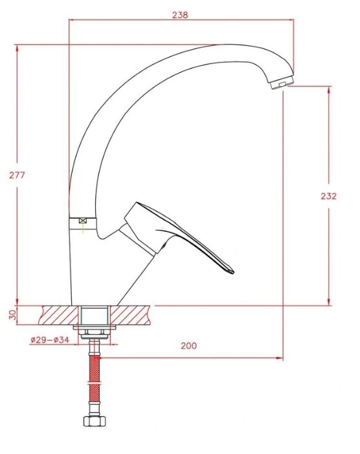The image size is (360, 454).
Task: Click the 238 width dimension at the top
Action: click(180, 15)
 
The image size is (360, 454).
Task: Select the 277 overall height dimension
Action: click(17, 175)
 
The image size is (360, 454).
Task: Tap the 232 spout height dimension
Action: click(329, 196)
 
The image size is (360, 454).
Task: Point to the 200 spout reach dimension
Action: click(188, 346)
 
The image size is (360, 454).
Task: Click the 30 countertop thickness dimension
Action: click(12, 315)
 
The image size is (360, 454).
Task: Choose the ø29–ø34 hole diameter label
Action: click(50, 339)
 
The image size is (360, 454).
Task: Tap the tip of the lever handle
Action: click(232, 271)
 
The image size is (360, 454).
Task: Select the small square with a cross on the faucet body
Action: click(83, 220)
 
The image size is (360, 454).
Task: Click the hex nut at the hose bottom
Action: click(95, 421)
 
